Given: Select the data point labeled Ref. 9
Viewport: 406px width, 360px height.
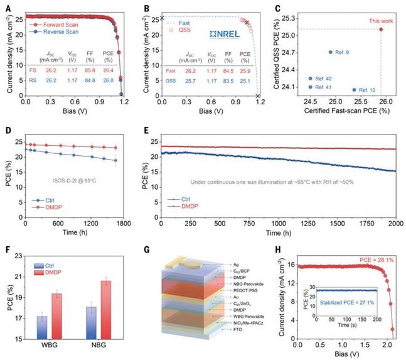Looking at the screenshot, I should pyautogui.click(x=331, y=52).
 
